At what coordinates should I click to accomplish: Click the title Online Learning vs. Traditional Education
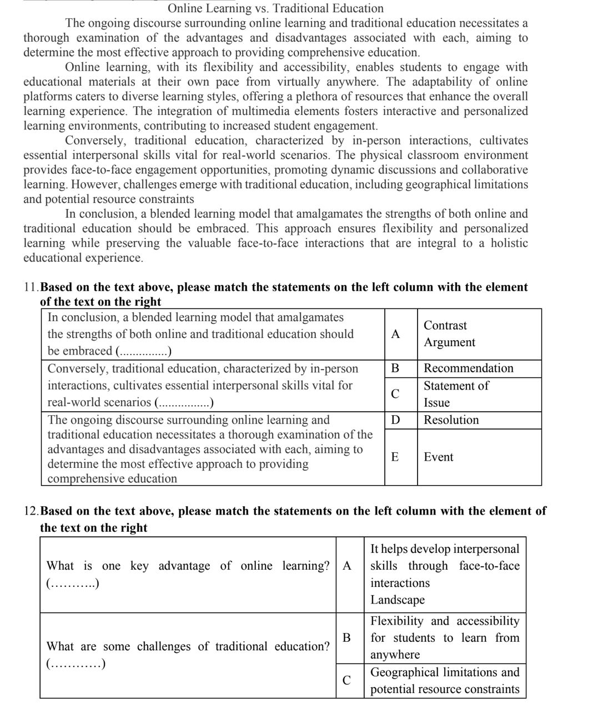click(275, 8)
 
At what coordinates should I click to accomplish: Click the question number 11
click(31, 287)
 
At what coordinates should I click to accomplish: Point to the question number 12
click(32, 511)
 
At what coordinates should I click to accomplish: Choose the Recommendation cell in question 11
click(468, 368)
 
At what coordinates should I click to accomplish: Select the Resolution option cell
click(451, 420)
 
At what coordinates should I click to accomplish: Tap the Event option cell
click(438, 457)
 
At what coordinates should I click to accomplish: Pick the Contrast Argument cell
click(449, 334)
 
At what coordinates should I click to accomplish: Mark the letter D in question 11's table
click(395, 420)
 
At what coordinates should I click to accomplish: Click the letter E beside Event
click(395, 457)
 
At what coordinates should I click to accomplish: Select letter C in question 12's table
click(346, 680)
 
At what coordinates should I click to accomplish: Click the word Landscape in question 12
click(398, 600)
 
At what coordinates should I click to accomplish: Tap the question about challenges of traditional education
click(188, 646)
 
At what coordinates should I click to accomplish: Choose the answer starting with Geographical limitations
click(445, 680)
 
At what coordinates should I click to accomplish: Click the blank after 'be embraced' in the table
click(144, 352)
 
